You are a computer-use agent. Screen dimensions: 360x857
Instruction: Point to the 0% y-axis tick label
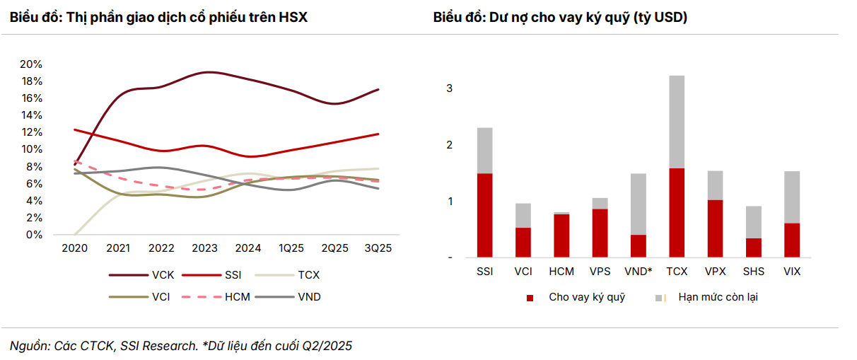pyautogui.click(x=35, y=235)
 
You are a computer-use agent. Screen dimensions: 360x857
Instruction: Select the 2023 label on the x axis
pyautogui.click(x=205, y=248)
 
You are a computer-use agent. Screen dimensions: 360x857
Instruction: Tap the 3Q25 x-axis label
pyautogui.click(x=378, y=248)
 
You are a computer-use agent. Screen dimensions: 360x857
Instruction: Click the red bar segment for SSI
pyautogui.click(x=485, y=215)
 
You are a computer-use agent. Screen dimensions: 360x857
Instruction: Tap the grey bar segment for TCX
pyautogui.click(x=676, y=122)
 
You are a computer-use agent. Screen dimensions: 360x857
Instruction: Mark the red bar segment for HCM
pyautogui.click(x=561, y=236)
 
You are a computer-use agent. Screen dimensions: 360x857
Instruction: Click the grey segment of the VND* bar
pyautogui.click(x=638, y=204)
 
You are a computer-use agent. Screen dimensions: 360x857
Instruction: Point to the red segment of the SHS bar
pyautogui.click(x=753, y=248)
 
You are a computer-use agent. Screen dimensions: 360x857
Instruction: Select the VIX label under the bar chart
pyautogui.click(x=791, y=272)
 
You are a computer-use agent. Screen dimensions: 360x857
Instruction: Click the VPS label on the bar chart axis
pyautogui.click(x=600, y=272)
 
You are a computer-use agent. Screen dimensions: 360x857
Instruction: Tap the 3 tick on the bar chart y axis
pyautogui.click(x=450, y=89)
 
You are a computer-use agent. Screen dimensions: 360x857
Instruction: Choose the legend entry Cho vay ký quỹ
pyautogui.click(x=587, y=297)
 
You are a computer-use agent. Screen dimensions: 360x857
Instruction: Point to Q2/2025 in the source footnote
pyautogui.click(x=327, y=346)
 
